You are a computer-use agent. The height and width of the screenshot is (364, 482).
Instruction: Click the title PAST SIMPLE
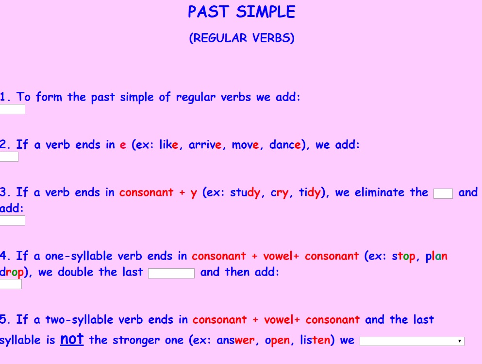tap(241, 12)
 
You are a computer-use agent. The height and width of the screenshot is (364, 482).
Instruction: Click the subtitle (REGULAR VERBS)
tap(242, 38)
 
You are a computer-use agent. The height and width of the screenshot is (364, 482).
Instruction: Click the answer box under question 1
tap(12, 109)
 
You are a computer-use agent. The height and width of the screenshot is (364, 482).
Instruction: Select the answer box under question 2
tap(9, 157)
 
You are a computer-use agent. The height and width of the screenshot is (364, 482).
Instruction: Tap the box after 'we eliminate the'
tap(443, 194)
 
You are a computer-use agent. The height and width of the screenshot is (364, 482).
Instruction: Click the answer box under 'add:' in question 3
tap(12, 221)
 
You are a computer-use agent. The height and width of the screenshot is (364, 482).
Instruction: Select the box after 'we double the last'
tap(171, 273)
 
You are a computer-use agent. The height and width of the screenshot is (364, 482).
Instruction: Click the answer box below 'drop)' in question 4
tap(11, 284)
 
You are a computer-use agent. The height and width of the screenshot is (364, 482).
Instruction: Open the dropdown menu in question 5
tap(412, 341)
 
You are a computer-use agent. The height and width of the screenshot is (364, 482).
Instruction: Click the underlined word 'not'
tap(72, 339)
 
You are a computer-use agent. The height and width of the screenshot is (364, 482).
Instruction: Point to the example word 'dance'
tap(285, 144)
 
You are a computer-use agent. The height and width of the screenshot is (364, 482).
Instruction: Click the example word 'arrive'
tap(205, 144)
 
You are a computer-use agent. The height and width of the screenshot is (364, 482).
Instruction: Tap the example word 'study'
tap(245, 192)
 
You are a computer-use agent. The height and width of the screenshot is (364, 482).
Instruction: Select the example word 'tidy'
tap(310, 192)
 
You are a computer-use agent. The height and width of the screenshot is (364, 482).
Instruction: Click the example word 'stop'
tap(404, 256)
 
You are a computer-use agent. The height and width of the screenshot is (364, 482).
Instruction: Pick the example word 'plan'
tap(436, 256)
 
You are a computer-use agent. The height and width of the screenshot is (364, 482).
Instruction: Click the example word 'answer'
tap(236, 340)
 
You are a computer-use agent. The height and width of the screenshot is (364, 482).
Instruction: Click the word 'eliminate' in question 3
tap(380, 192)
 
